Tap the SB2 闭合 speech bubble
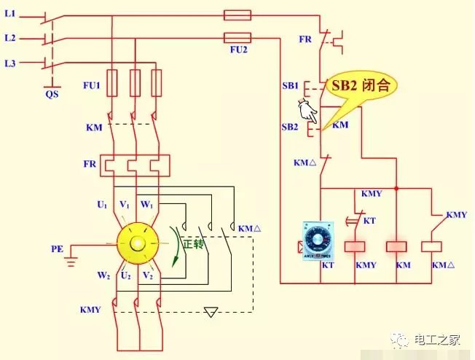(361, 86)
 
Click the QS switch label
(52, 93)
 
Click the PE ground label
(58, 249)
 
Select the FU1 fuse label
(91, 85)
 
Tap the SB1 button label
(291, 86)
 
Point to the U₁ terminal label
(102, 205)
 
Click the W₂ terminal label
(103, 275)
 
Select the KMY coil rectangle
(355, 246)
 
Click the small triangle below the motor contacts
(211, 312)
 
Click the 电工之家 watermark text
(437, 339)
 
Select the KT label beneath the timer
(327, 265)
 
